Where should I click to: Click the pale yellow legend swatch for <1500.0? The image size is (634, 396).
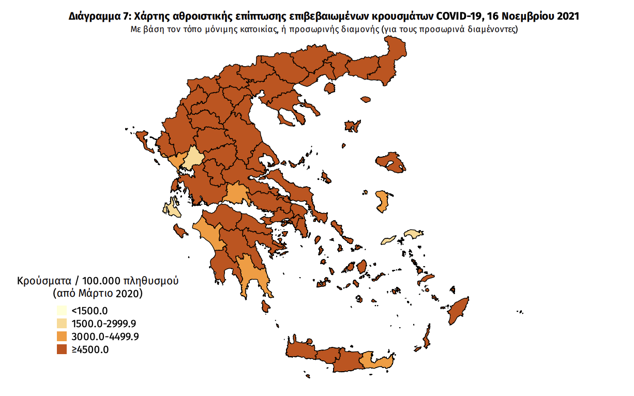pos(62,311)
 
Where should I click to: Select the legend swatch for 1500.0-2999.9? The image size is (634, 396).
pos(62,324)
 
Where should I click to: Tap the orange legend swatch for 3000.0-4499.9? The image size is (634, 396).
pos(62,337)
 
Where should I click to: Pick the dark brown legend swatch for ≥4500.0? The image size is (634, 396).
pos(62,349)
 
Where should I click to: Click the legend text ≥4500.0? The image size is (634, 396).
pos(90,349)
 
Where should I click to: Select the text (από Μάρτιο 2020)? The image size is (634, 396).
pos(98,294)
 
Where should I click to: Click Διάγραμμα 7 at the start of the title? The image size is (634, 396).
pos(98,17)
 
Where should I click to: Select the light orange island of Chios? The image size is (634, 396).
pos(383,202)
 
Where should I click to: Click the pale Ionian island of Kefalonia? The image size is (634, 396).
pos(171,209)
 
